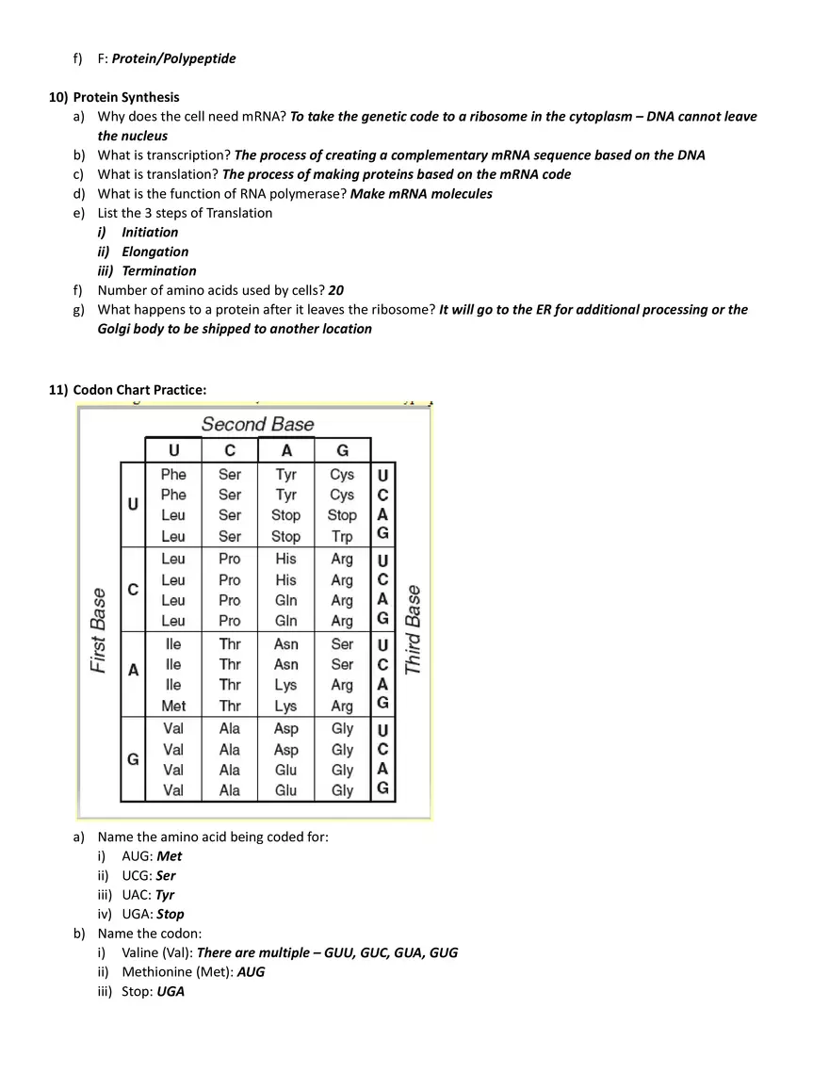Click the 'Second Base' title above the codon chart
pyautogui.click(x=257, y=424)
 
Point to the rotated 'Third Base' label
pyautogui.click(x=413, y=629)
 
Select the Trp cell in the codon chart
pyautogui.click(x=342, y=536)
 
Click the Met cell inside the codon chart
pyautogui.click(x=173, y=706)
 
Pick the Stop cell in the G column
pyautogui.click(x=342, y=515)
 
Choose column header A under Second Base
pyautogui.click(x=286, y=450)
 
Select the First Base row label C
pyautogui.click(x=133, y=590)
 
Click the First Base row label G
pyautogui.click(x=133, y=759)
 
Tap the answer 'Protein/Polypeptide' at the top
pyautogui.click(x=173, y=58)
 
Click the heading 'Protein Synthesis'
pyautogui.click(x=126, y=97)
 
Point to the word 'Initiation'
pyautogui.click(x=150, y=232)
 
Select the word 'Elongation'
pyautogui.click(x=154, y=252)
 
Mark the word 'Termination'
pyautogui.click(x=159, y=270)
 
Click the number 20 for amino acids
pyautogui.click(x=336, y=290)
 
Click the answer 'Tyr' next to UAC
pyautogui.click(x=165, y=895)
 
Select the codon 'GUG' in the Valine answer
pyautogui.click(x=443, y=952)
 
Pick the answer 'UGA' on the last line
pyautogui.click(x=171, y=991)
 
